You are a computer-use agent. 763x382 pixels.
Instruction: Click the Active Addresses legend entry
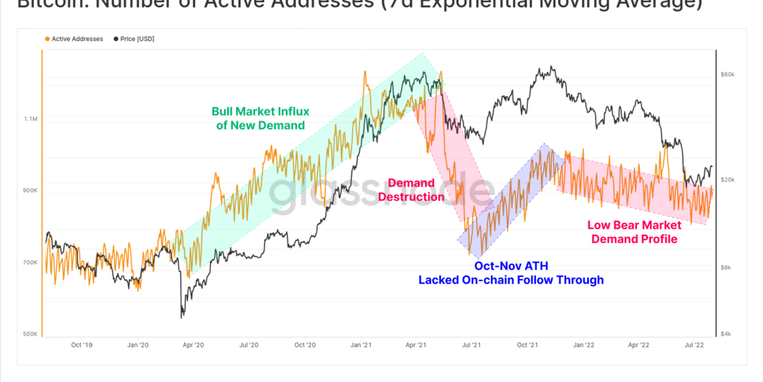(x=77, y=39)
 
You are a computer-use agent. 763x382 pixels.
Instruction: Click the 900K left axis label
(x=30, y=190)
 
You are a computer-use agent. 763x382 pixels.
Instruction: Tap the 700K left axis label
(x=30, y=262)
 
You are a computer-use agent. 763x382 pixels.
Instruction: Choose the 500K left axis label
(x=30, y=334)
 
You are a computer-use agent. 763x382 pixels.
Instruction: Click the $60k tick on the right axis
(x=728, y=75)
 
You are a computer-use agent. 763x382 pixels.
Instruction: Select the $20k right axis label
(x=728, y=180)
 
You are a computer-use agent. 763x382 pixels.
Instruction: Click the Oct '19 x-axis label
(x=81, y=344)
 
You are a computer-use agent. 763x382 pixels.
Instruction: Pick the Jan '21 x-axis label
(x=361, y=344)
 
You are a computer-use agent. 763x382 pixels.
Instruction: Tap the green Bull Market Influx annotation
(x=260, y=118)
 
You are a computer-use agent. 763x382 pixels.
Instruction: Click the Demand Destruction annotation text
(x=411, y=190)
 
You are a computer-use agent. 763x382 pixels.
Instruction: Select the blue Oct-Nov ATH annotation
(x=511, y=273)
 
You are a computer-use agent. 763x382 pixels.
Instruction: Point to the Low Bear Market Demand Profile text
(x=634, y=232)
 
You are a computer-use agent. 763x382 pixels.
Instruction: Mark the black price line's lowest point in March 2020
(x=182, y=317)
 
